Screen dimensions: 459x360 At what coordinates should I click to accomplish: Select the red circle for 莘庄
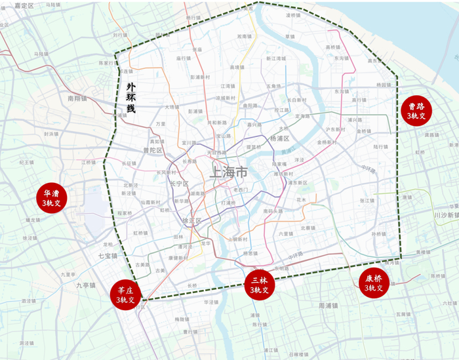126,294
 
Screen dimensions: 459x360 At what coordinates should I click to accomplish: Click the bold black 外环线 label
131,98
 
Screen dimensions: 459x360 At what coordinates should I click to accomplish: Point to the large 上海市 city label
228,173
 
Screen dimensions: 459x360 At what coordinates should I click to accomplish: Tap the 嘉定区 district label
23,5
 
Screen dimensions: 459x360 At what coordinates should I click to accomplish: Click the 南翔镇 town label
77,98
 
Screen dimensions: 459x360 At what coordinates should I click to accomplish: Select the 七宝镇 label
108,256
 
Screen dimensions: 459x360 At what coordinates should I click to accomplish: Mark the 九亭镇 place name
85,285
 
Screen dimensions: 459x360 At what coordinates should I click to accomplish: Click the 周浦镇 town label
328,306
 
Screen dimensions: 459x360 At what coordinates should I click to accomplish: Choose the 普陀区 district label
152,150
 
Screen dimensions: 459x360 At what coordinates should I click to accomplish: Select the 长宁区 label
179,184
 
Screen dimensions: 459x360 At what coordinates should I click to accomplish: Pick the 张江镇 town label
367,201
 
